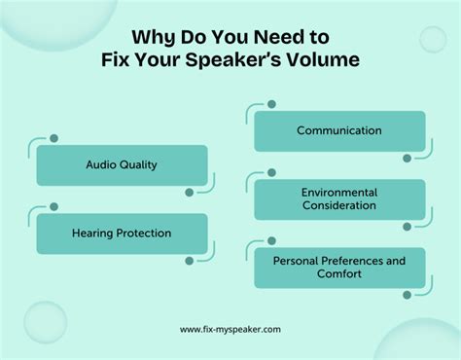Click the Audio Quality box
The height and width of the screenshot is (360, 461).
[122, 165]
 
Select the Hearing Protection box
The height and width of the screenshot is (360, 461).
[122, 234]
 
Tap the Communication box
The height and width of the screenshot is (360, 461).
[339, 130]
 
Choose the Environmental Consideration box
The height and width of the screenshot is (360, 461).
[339, 199]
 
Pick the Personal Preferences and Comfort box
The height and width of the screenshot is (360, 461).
[339, 268]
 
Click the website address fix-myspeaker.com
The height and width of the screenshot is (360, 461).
[230, 329]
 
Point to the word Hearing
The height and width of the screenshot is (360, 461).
[93, 234]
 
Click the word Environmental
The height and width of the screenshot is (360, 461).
[339, 193]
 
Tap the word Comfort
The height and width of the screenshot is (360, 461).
[339, 274]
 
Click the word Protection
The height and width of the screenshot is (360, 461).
[144, 234]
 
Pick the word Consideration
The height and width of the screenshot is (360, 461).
[339, 206]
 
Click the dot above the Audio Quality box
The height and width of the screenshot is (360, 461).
[53, 138]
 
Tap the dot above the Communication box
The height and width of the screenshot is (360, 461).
[271, 104]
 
